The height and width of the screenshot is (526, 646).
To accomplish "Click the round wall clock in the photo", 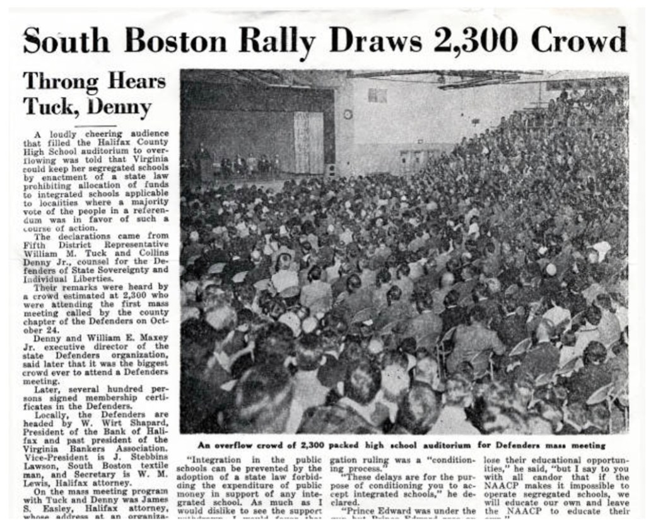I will pos(348,114).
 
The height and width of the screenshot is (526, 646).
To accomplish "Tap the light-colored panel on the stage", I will pos(308,142).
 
